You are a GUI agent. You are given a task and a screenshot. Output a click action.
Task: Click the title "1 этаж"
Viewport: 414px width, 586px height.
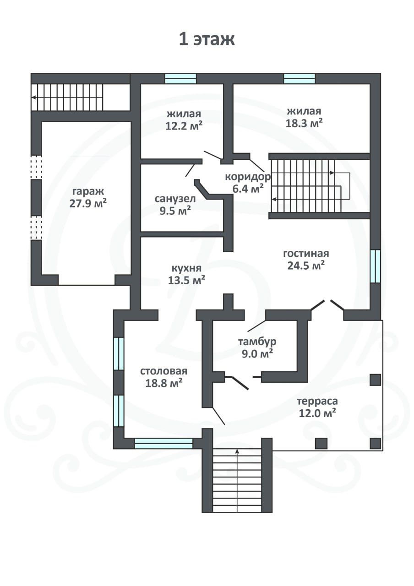(x=207, y=40)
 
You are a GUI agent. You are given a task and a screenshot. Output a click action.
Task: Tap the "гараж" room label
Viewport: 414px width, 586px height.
(x=88, y=192)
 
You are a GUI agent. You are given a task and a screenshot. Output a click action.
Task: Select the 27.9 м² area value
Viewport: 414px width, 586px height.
(x=88, y=204)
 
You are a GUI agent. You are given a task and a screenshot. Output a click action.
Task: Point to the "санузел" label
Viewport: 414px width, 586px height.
(x=175, y=199)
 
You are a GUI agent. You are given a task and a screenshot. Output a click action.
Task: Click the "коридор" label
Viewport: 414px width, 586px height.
(x=248, y=177)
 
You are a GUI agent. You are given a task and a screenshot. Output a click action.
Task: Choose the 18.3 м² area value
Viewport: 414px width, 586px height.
(x=304, y=123)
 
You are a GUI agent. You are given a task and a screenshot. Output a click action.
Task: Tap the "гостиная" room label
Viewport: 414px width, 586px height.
(x=306, y=254)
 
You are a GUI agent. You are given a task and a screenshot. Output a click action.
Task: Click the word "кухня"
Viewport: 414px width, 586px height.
(x=186, y=269)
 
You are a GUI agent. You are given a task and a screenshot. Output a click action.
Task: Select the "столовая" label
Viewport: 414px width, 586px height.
(x=164, y=371)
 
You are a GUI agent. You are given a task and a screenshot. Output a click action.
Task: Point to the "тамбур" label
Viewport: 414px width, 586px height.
(x=257, y=342)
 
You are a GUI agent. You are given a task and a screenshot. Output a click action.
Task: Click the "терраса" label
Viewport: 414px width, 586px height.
(x=317, y=402)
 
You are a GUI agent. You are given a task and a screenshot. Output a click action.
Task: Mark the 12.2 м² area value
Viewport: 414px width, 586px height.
(x=184, y=126)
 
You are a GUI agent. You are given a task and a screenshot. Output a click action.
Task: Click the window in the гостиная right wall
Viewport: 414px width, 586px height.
(x=376, y=266)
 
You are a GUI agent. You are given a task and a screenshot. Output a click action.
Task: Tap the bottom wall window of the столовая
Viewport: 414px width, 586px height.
(x=163, y=444)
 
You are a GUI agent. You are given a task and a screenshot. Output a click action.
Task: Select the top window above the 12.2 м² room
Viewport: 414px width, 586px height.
(x=180, y=78)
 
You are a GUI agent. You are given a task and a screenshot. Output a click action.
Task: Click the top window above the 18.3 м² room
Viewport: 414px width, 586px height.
(x=300, y=78)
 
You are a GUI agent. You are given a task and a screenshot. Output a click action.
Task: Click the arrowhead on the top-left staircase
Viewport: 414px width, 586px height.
(x=33, y=98)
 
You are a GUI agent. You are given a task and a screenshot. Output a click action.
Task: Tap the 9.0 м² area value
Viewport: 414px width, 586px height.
(x=257, y=353)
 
